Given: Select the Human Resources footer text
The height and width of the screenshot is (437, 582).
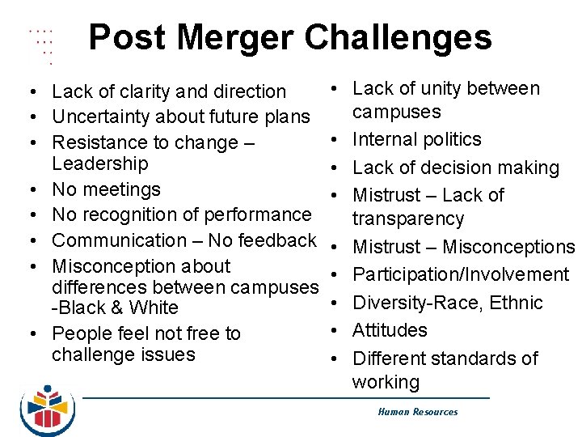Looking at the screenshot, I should click(x=417, y=412).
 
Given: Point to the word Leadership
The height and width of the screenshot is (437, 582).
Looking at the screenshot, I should click(x=99, y=163).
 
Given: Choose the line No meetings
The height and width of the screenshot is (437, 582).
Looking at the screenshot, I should click(x=106, y=189).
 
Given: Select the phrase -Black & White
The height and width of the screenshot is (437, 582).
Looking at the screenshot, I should click(x=114, y=308).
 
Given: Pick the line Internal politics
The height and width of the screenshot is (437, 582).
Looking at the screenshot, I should click(x=417, y=139).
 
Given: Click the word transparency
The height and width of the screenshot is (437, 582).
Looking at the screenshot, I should click(x=408, y=218).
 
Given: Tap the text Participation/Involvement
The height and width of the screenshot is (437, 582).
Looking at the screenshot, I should click(x=461, y=275).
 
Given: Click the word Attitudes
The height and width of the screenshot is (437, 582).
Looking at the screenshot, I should click(x=390, y=330).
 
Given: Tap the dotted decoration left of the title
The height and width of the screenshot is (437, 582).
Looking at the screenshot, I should click(x=41, y=45).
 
